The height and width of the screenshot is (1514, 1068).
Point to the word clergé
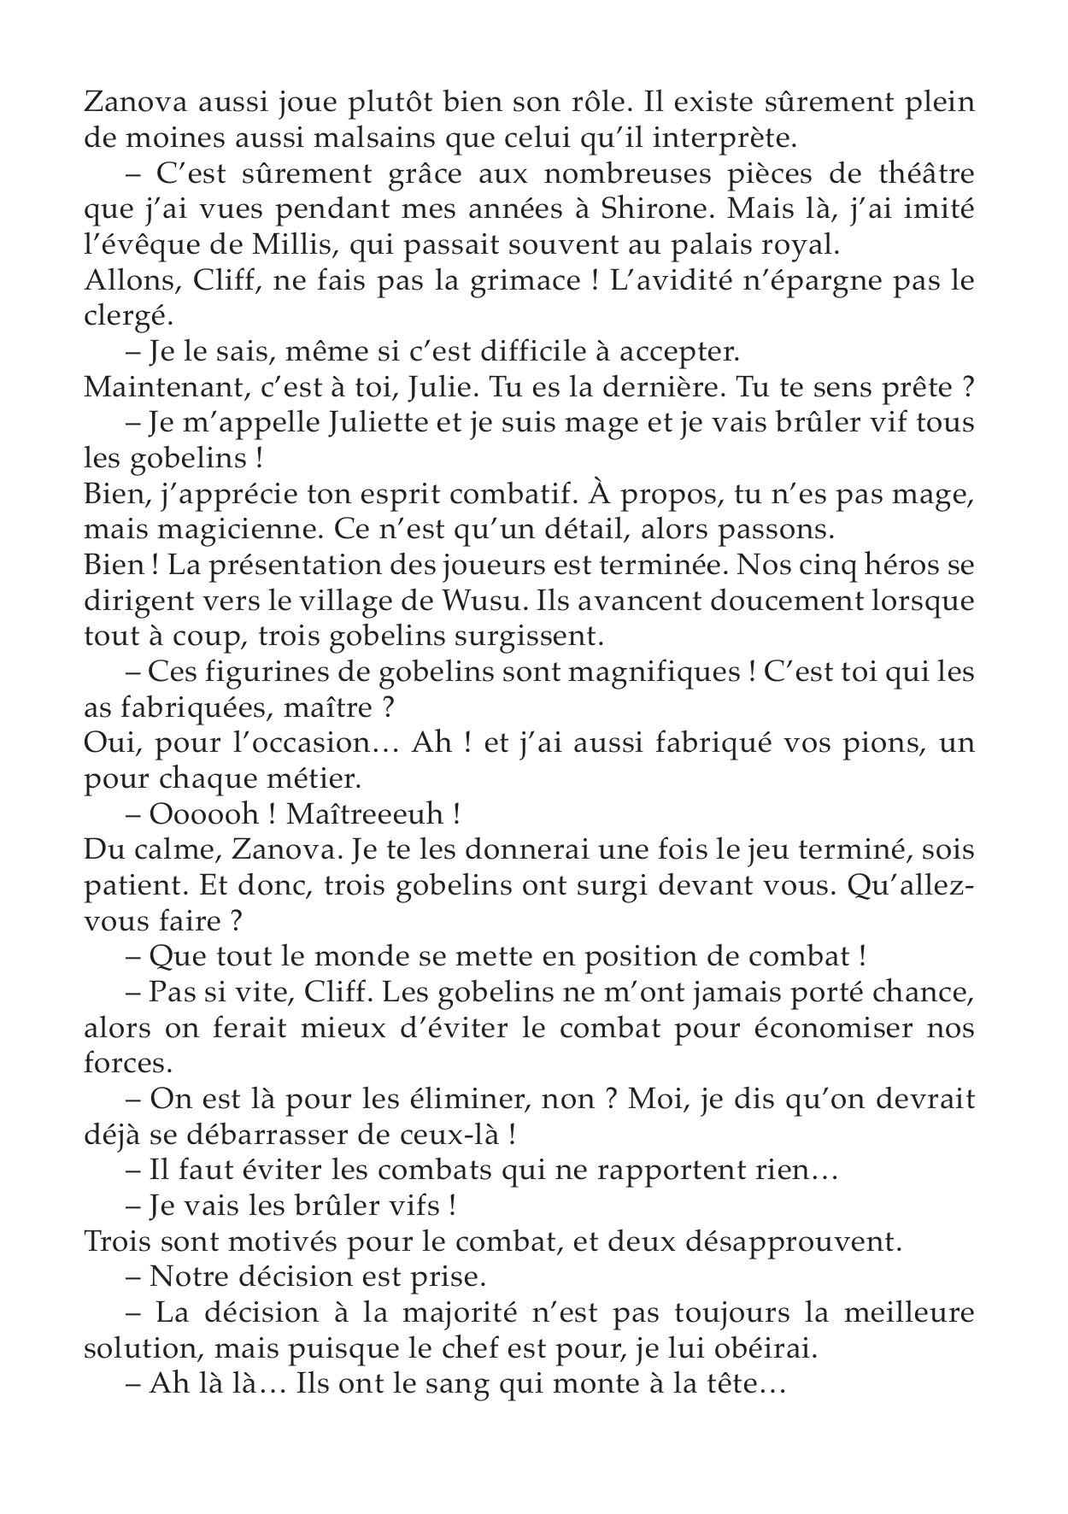(127, 318)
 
